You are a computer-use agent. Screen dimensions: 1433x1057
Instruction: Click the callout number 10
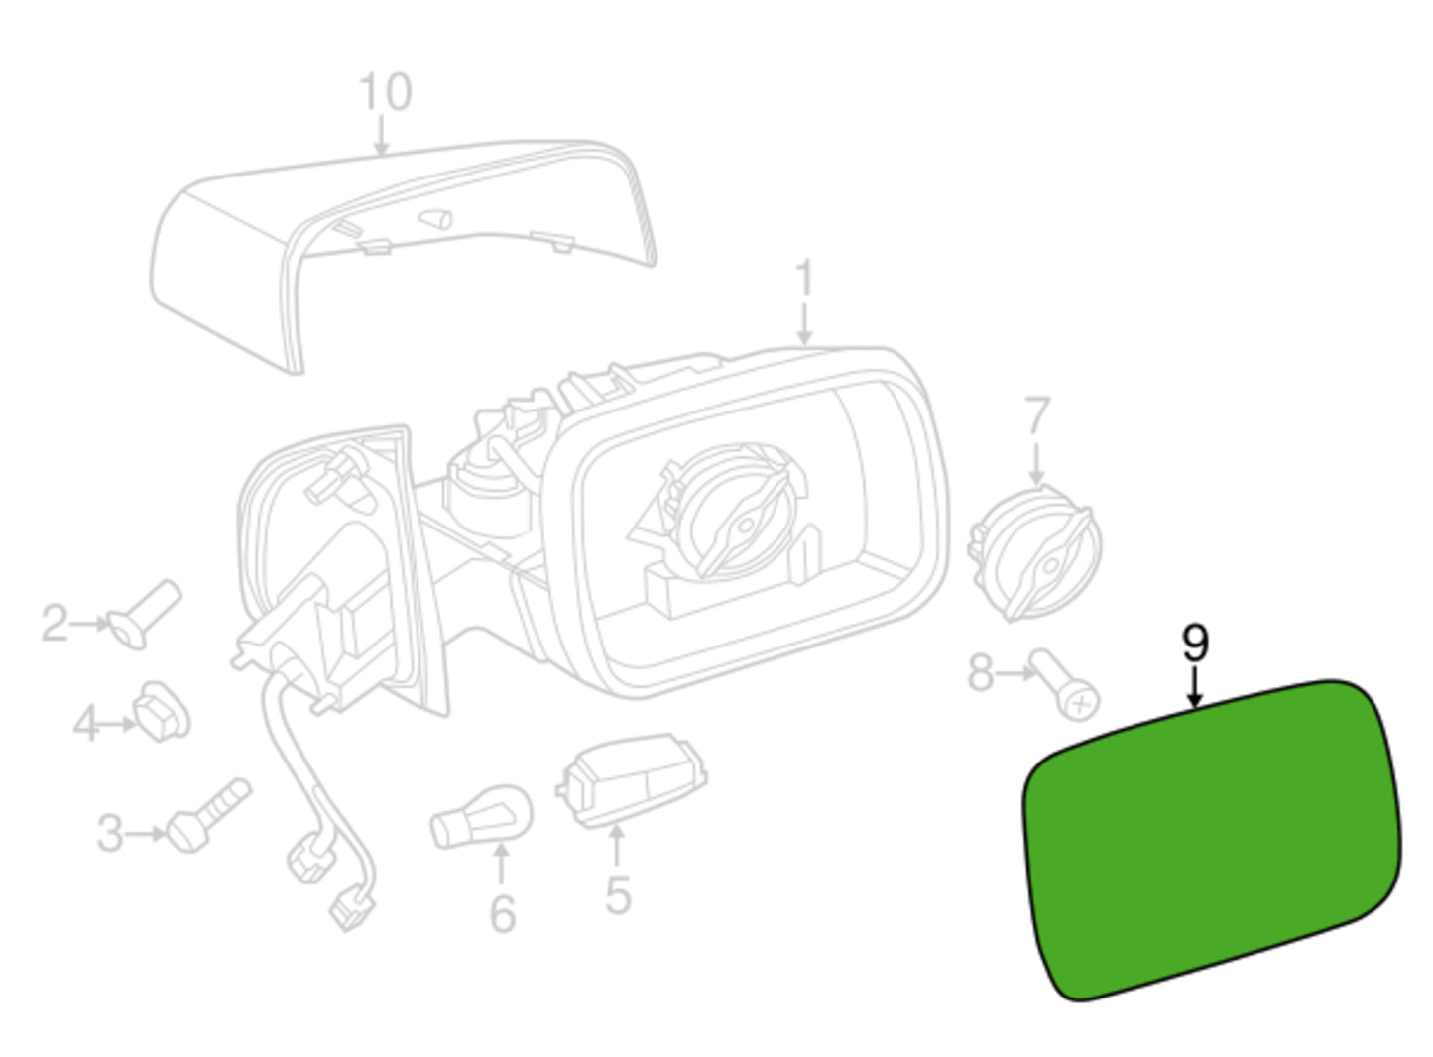[x=385, y=91]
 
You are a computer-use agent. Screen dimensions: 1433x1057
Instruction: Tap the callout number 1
[x=804, y=278]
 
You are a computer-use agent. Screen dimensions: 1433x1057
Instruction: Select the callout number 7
[x=1037, y=415]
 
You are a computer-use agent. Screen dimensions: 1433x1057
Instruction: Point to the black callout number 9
[x=1195, y=644]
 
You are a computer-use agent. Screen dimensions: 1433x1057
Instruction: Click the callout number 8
[x=981, y=673]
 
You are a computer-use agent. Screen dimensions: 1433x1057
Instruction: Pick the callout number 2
[x=55, y=623]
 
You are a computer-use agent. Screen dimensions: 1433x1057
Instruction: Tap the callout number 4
[x=86, y=724]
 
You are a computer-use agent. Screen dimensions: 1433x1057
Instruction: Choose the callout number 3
[x=109, y=833]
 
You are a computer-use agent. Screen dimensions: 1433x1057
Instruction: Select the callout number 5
[x=618, y=894]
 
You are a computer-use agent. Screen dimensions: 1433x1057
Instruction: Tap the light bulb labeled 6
[x=481, y=818]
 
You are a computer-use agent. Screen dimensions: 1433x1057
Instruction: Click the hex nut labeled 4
[x=161, y=712]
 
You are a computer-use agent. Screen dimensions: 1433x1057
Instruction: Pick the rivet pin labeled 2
[x=144, y=614]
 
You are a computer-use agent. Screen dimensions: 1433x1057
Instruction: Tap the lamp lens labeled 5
[x=632, y=780]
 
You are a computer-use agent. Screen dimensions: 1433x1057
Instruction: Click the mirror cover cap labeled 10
[x=403, y=256]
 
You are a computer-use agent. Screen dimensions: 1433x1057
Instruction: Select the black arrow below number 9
[x=1194, y=688]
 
